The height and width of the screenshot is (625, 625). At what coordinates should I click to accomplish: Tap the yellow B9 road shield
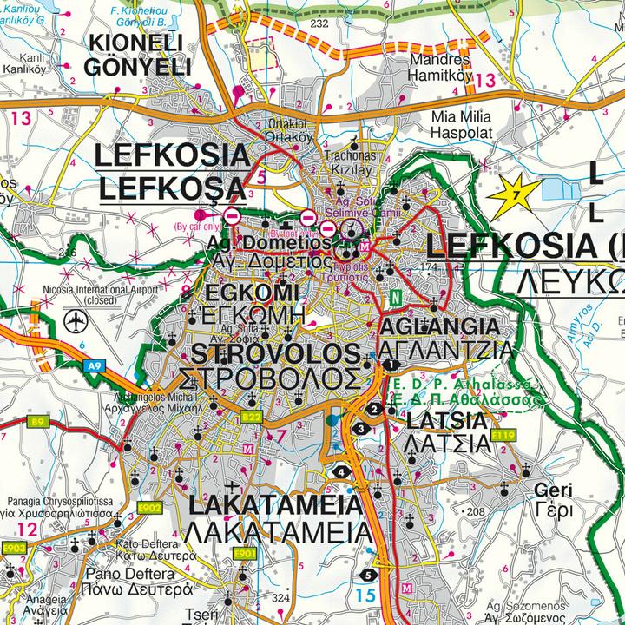37,423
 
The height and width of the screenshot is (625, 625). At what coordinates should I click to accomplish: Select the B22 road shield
252,418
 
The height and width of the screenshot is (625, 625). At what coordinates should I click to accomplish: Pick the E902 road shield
149,508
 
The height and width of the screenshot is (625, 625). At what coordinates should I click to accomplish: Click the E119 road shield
503,434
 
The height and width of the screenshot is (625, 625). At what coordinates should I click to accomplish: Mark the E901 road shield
246,553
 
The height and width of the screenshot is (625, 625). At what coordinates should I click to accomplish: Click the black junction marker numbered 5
370,575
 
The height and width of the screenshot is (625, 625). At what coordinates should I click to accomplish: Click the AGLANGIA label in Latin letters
440,327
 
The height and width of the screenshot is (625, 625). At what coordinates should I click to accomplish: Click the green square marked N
396,297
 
